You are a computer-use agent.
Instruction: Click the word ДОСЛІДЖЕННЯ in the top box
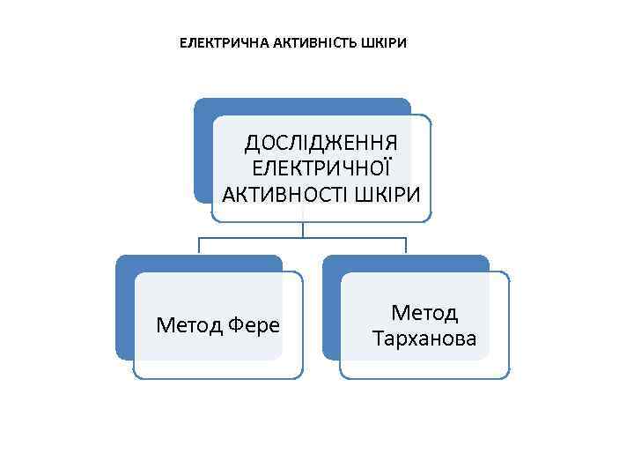click(x=321, y=143)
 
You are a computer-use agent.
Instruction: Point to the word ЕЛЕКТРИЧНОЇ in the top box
click(x=321, y=168)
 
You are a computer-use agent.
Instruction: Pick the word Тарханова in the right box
click(x=424, y=338)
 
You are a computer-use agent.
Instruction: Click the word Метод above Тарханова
click(x=424, y=313)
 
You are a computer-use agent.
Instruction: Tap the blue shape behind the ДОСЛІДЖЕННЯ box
click(x=203, y=150)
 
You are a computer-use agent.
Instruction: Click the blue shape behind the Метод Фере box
click(x=124, y=309)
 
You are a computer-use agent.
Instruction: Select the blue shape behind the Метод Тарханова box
click(x=331, y=309)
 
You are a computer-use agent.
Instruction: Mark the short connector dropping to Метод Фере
click(x=200, y=246)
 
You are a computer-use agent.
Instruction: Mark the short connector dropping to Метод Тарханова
click(x=406, y=246)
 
